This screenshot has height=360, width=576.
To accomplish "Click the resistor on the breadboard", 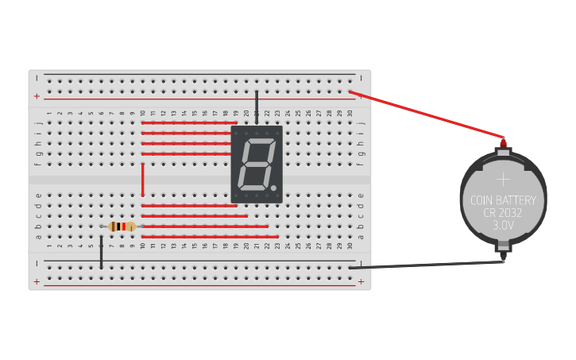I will coord(122,226).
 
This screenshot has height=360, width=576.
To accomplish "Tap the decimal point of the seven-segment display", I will coord(274,189).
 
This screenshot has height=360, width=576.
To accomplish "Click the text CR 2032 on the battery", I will coord(503,213).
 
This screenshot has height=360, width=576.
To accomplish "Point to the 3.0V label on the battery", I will coord(503,226).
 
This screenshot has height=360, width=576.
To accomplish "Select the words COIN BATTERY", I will coord(503,200).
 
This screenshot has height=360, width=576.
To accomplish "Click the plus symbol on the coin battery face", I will coord(503,180).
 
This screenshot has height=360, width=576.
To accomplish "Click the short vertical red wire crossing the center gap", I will coord(143,180).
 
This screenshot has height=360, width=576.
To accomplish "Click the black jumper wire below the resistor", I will coord(101,251).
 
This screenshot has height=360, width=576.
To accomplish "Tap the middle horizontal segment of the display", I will coord(256,164).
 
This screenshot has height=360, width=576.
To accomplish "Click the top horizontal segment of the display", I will coord(258,141).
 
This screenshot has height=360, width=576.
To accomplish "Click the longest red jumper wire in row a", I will coord(210,237).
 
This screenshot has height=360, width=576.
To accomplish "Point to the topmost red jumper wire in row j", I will coord(187,123).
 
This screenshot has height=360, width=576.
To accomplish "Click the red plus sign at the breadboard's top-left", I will coord(37,96).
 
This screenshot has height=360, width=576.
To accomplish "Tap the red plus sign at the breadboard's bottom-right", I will coord(361,281).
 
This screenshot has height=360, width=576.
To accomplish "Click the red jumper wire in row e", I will coord(189,206).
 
